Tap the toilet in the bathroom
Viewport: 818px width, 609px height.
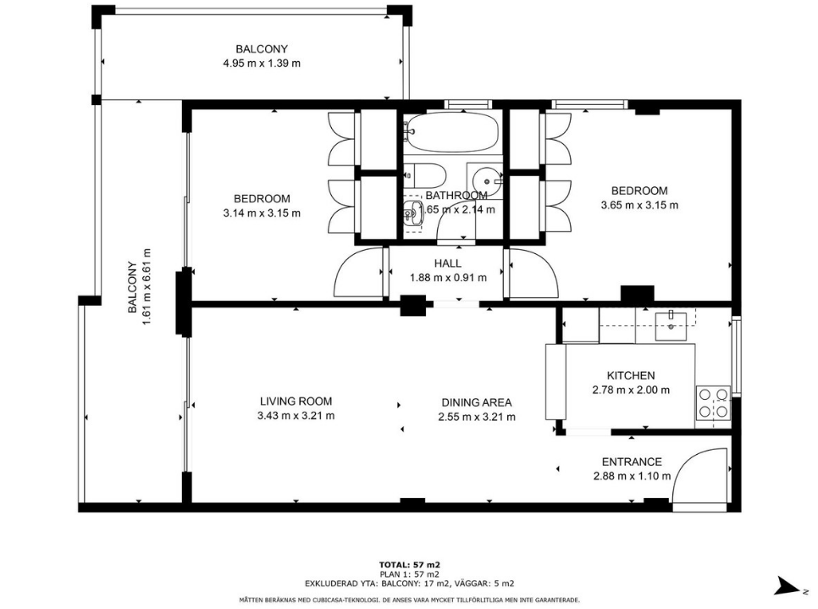coord(424,176)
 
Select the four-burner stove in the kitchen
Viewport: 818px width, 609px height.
coord(714,403)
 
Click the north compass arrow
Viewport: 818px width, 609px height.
coord(788,585)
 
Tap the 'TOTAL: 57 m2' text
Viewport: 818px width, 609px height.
coord(410,565)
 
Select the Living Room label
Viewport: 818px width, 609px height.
coord(296,401)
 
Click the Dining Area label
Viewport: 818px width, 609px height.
coord(476,402)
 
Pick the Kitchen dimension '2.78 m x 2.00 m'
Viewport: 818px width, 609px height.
coord(631,390)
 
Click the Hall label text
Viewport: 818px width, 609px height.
coord(448,263)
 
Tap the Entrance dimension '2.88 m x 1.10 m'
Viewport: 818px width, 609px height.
coord(632,476)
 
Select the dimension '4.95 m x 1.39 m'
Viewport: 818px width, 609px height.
coord(262,64)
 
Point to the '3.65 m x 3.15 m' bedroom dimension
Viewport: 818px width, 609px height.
coord(639,205)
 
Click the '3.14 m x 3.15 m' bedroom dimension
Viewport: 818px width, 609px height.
coord(262,213)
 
